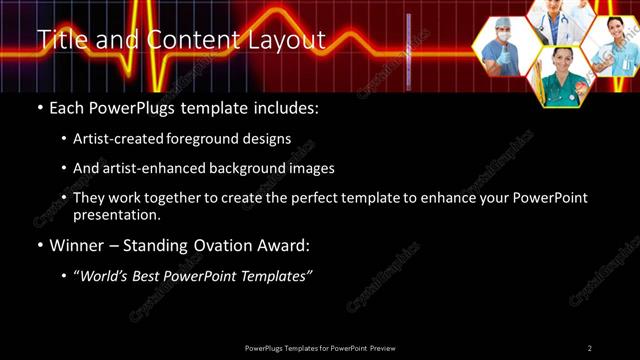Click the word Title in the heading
pos(61,40)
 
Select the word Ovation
pos(224,245)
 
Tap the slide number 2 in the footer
pos(589,348)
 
